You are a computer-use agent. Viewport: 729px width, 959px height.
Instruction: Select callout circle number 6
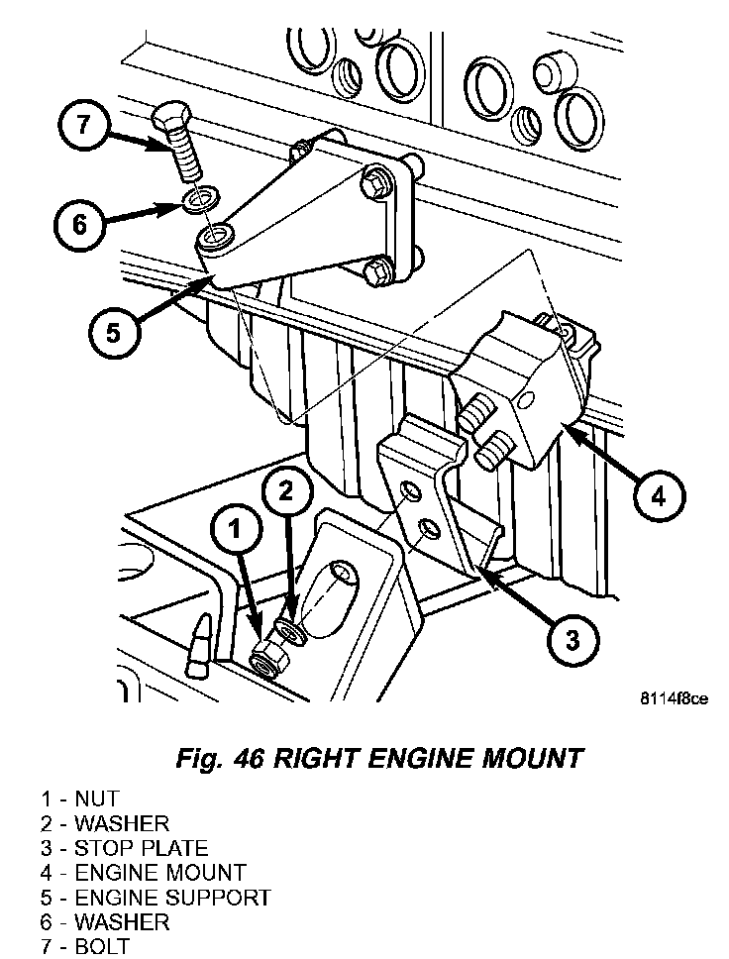tap(78, 225)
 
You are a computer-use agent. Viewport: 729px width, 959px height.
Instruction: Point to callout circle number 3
tap(572, 639)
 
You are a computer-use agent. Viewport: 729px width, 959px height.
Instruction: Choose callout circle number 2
tap(285, 488)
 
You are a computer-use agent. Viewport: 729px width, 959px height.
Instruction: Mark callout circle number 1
tap(235, 531)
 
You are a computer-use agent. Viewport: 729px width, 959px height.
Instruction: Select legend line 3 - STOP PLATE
tap(125, 848)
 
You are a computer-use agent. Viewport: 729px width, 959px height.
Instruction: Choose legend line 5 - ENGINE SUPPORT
tap(156, 898)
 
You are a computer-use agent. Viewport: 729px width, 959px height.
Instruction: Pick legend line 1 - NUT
tap(80, 799)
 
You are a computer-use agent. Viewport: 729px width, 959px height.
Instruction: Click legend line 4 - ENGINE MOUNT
tap(144, 873)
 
